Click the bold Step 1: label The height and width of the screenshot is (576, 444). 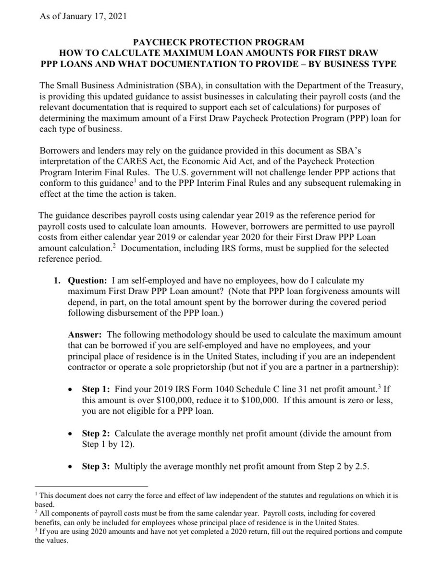click(98, 389)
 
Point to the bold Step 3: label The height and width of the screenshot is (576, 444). click(98, 466)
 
